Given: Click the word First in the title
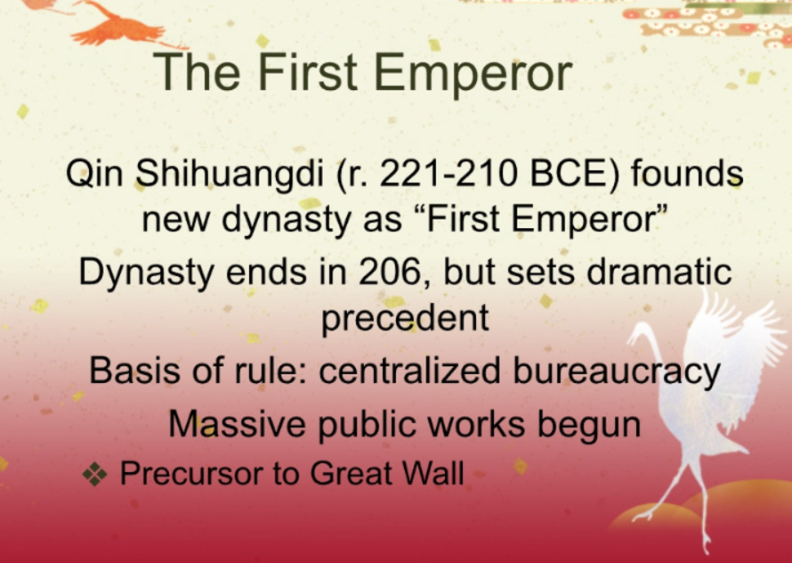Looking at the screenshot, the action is pyautogui.click(x=308, y=71).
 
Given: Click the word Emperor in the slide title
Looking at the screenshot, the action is pyautogui.click(x=473, y=74).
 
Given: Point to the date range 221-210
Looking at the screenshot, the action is pyautogui.click(x=449, y=173).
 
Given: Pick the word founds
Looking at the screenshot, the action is pyautogui.click(x=687, y=173).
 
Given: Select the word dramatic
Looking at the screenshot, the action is pyautogui.click(x=659, y=271).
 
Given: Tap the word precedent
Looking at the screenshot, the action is pyautogui.click(x=405, y=319).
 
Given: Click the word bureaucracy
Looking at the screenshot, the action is pyautogui.click(x=616, y=371).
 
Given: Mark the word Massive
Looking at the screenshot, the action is pyautogui.click(x=237, y=423).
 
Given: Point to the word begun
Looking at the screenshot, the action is pyautogui.click(x=589, y=426).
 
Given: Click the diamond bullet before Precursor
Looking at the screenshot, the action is pyautogui.click(x=95, y=474).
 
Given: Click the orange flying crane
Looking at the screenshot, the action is pyautogui.click(x=118, y=25).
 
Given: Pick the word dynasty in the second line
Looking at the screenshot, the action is pyautogui.click(x=287, y=221).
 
